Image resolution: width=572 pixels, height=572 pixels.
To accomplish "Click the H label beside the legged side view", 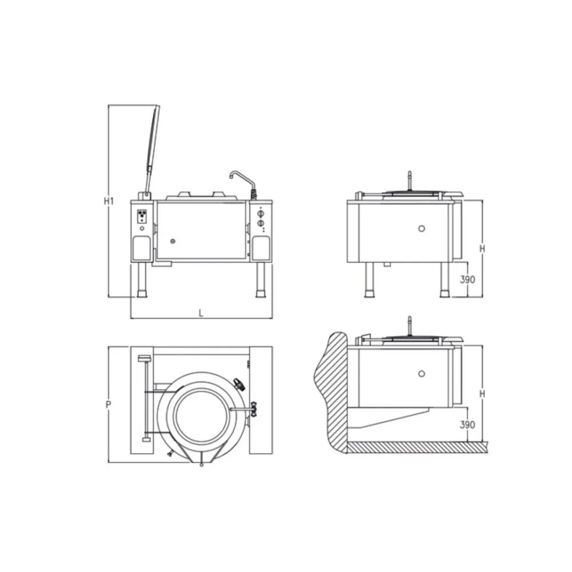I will coord(482,248).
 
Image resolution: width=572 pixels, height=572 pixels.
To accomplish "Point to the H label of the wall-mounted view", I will coord(482,394).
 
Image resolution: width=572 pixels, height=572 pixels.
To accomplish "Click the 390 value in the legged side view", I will coord(468,280).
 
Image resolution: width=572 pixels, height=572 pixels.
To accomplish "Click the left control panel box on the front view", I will coord(142,216).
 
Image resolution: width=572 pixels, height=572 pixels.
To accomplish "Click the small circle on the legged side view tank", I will coord(422,228).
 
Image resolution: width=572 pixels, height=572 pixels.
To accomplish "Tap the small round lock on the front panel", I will coord(174,241).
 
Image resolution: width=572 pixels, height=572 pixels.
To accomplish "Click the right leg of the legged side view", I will coord(444,280).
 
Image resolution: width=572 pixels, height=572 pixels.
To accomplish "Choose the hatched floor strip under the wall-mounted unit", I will coord(418,446).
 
